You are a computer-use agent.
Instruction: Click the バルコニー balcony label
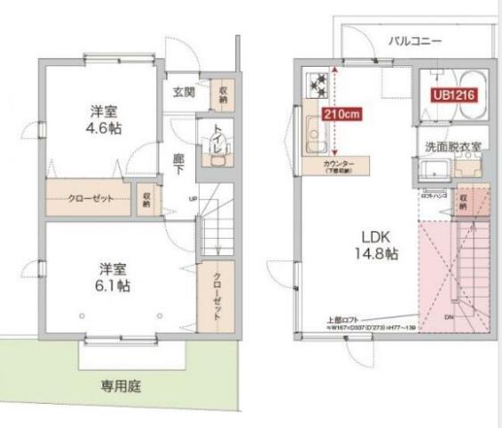[415, 41]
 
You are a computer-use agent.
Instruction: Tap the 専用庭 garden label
[120, 386]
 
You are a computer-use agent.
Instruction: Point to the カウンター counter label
[338, 165]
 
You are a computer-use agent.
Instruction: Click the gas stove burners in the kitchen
[316, 85]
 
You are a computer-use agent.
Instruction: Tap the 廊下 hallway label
[179, 162]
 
